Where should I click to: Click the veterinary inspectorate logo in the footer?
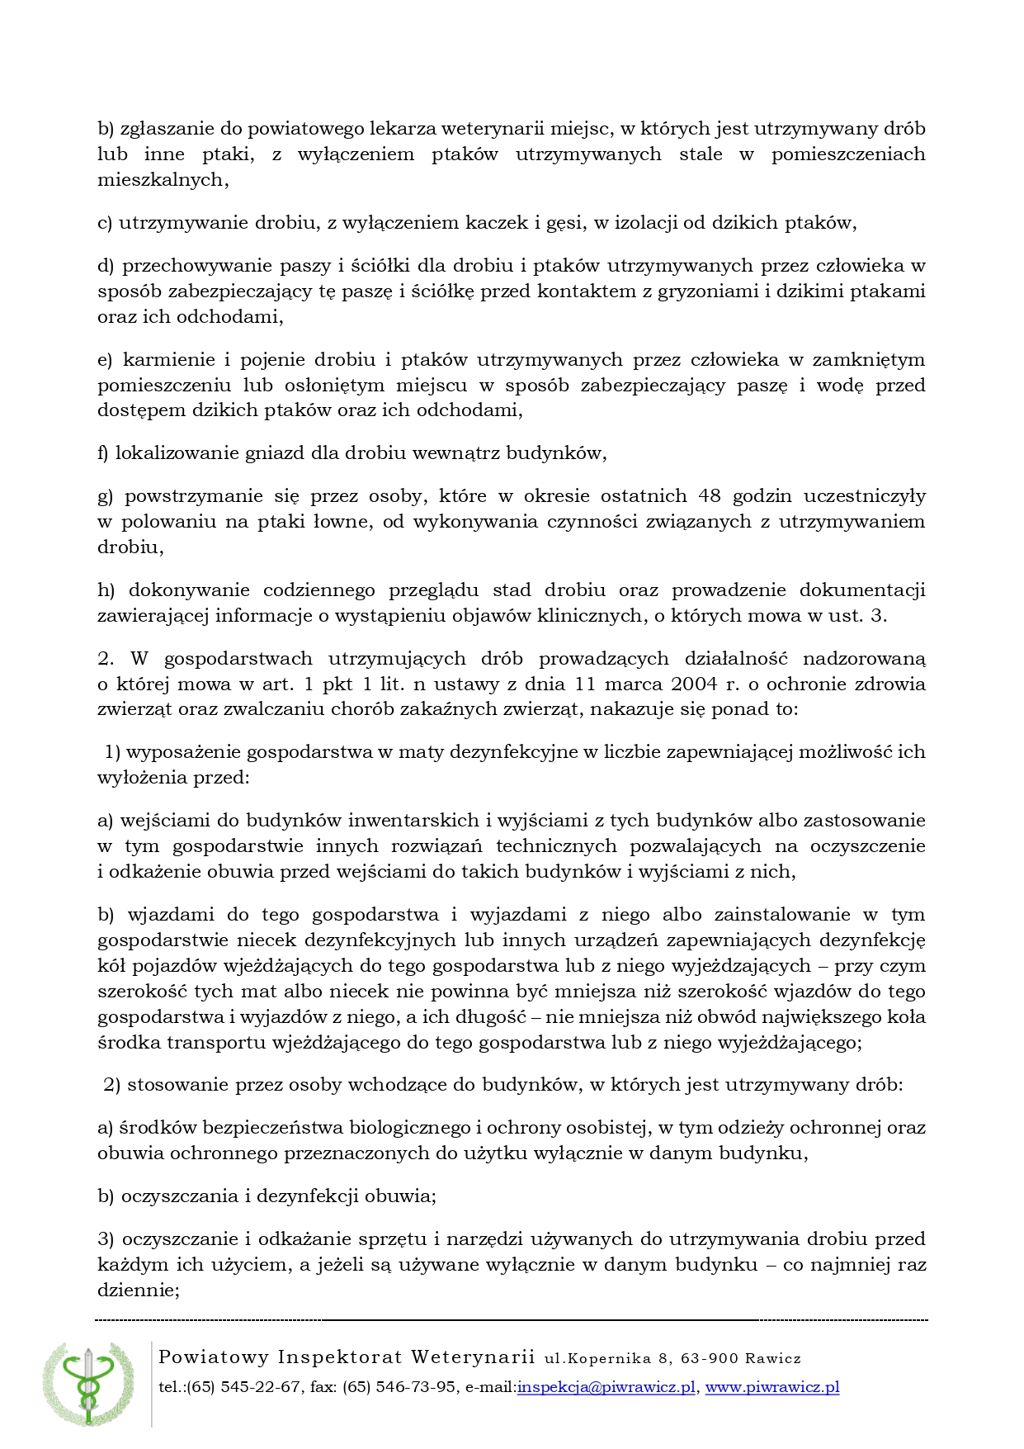tap(87, 1384)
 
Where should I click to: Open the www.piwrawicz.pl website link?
tap(772, 1387)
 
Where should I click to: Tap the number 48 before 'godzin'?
tap(710, 496)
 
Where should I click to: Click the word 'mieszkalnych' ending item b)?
tap(162, 180)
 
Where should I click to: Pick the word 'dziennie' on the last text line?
tap(137, 1290)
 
